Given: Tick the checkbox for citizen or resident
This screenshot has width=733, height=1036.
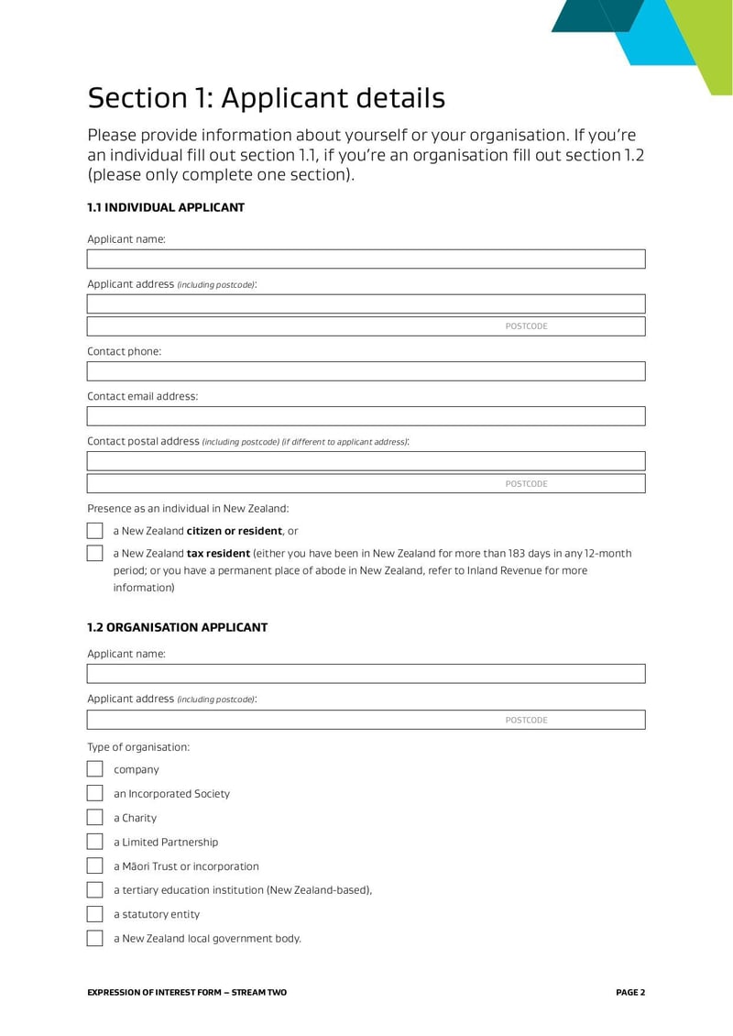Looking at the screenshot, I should point(94,531).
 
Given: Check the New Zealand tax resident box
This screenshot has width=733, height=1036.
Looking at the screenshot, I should point(94,554).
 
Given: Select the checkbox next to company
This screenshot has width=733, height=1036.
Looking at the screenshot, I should point(94,769).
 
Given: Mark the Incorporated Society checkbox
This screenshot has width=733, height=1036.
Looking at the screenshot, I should point(94,793).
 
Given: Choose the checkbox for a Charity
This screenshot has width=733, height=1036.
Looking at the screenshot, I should point(94,818).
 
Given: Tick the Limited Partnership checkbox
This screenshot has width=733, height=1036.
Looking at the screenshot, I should point(94,842).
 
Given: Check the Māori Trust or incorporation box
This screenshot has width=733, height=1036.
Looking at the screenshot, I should point(94,865).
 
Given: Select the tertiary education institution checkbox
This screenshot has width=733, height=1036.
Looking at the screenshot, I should point(94,889).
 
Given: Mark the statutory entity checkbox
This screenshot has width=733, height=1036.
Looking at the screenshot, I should point(94,914).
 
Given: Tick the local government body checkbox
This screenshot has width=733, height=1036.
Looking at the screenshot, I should point(94,938).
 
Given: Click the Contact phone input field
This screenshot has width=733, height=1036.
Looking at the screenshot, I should point(366,371).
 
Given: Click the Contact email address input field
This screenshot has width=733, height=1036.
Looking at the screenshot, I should point(366,416).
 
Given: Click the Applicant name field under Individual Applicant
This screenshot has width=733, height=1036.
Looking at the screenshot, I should point(366,259).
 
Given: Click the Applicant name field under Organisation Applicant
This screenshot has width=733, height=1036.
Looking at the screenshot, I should point(366,674).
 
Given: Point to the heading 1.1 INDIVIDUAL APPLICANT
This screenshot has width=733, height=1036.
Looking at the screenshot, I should point(166,208).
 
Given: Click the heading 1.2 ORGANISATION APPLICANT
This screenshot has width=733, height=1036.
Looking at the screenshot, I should point(177,628).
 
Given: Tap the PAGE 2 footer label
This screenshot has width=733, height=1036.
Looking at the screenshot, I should point(630,992).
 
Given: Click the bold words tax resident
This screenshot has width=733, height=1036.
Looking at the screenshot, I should point(218,554).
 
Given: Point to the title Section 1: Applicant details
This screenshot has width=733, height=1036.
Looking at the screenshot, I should point(266,98).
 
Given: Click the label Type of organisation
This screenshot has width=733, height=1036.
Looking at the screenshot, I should point(138,747).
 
